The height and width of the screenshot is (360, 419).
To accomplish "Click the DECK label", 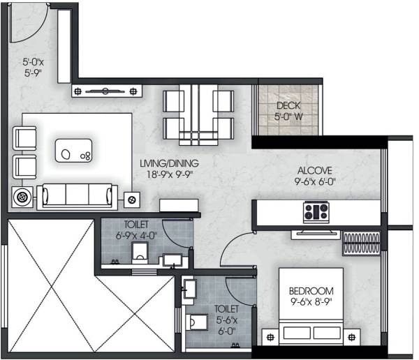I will [x=288, y=106].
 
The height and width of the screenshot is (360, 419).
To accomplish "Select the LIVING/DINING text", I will [x=169, y=163].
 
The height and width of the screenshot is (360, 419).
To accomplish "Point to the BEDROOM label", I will [x=311, y=290].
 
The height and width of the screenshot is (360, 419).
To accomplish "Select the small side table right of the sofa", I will [x=131, y=200].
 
